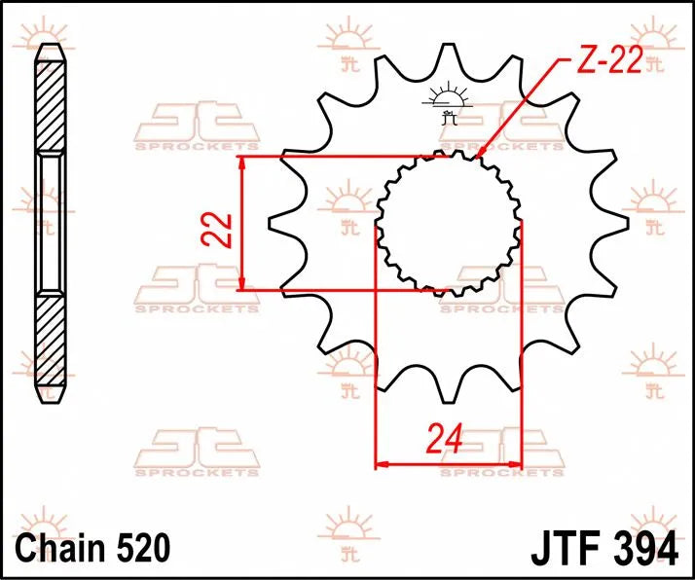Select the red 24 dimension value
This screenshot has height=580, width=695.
(x=446, y=441)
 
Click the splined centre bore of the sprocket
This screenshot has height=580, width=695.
(x=448, y=223)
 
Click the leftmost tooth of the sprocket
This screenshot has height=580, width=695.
(x=275, y=231)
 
